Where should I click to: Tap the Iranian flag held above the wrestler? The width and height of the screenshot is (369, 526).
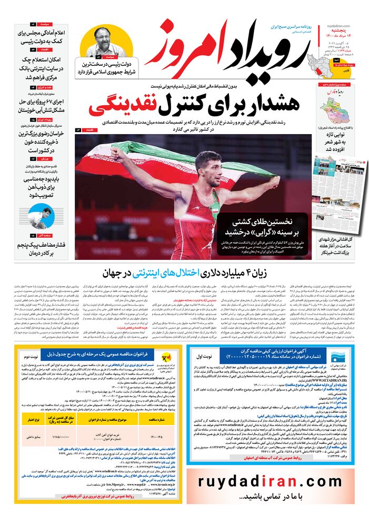[x=174, y=158]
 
